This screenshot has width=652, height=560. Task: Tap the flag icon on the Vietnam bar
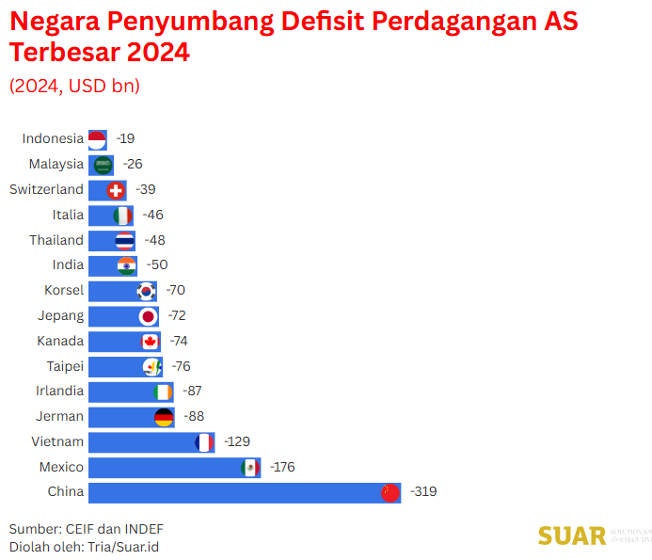click(203, 442)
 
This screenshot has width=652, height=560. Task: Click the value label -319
click(423, 491)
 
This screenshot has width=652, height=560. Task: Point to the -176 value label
click(282, 467)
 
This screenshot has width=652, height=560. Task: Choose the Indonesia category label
click(53, 138)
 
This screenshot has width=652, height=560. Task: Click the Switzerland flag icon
click(117, 190)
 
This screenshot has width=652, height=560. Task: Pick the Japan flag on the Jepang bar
click(148, 316)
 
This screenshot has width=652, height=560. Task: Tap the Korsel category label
click(64, 290)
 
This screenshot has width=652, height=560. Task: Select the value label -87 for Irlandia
click(188, 391)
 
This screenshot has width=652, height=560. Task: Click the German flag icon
click(164, 417)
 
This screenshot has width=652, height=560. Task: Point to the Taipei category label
click(65, 366)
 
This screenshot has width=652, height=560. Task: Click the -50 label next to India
click(157, 264)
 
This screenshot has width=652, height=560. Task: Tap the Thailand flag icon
click(125, 240)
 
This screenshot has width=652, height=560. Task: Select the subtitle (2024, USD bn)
click(74, 86)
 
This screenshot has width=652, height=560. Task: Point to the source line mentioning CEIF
click(80, 528)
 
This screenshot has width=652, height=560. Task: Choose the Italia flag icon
click(123, 216)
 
